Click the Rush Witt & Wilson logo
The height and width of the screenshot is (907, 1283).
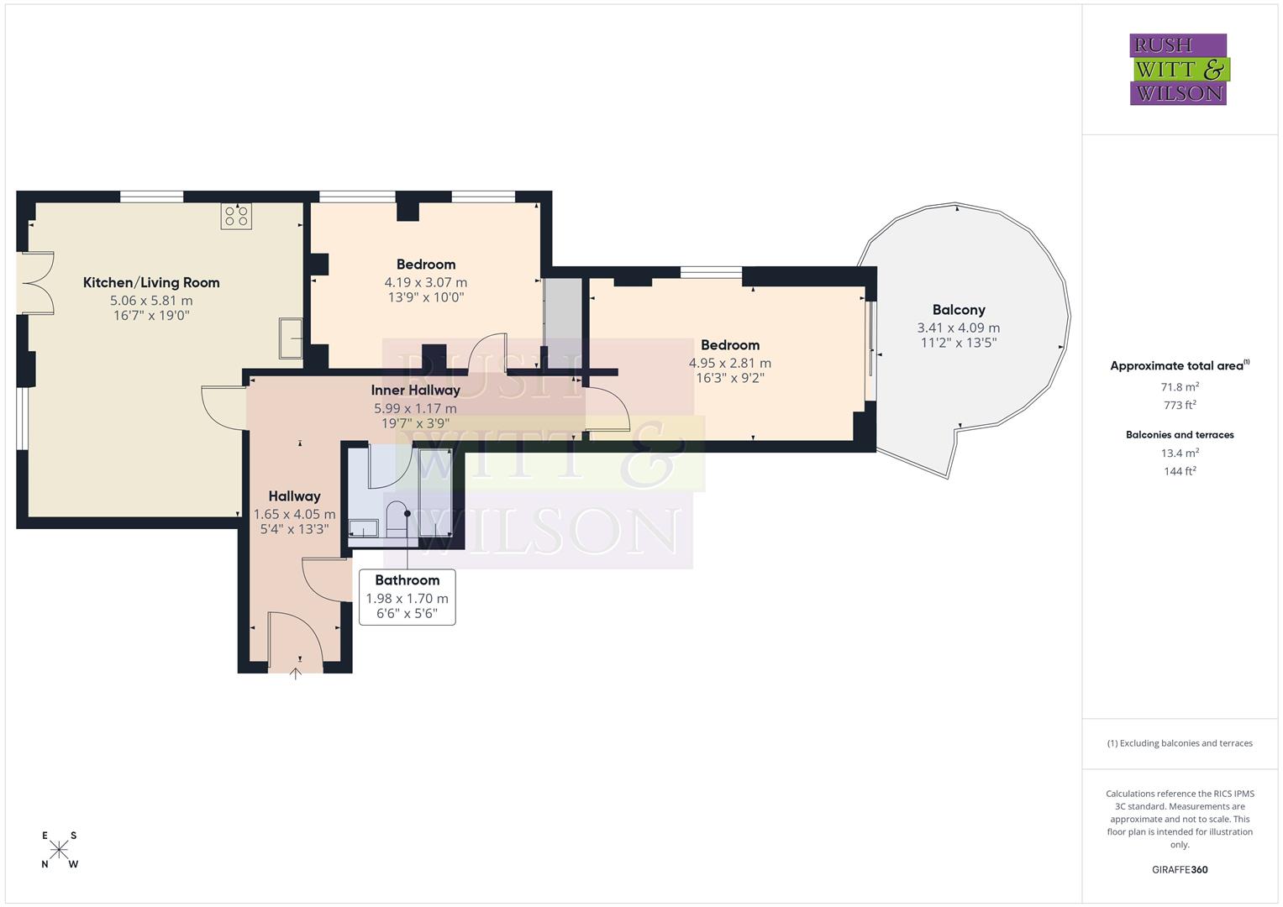coord(1178,69)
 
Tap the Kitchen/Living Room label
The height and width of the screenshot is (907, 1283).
coord(151,283)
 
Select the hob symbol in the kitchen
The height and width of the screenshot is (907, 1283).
coord(236,216)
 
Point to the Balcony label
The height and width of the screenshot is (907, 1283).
coord(958,310)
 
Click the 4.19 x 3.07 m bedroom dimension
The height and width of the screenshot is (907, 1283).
coord(425,283)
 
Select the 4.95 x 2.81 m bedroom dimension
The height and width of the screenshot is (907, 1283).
coord(729,363)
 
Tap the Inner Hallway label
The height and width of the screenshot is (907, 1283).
coord(415,391)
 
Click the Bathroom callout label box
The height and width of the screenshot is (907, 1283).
coord(407,596)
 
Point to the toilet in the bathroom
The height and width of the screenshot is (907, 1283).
coord(396,518)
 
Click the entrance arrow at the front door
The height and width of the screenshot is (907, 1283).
coord(295,672)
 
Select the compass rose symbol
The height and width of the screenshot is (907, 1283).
coord(59,849)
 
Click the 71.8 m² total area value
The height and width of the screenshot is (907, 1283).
coord(1179,387)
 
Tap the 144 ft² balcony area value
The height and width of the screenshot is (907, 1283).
coord(1179,471)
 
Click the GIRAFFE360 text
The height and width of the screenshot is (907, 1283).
coord(1179,869)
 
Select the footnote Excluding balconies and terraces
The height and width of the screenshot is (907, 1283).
coord(1179,743)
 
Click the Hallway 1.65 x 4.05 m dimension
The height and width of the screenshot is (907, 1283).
coord(294,514)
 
